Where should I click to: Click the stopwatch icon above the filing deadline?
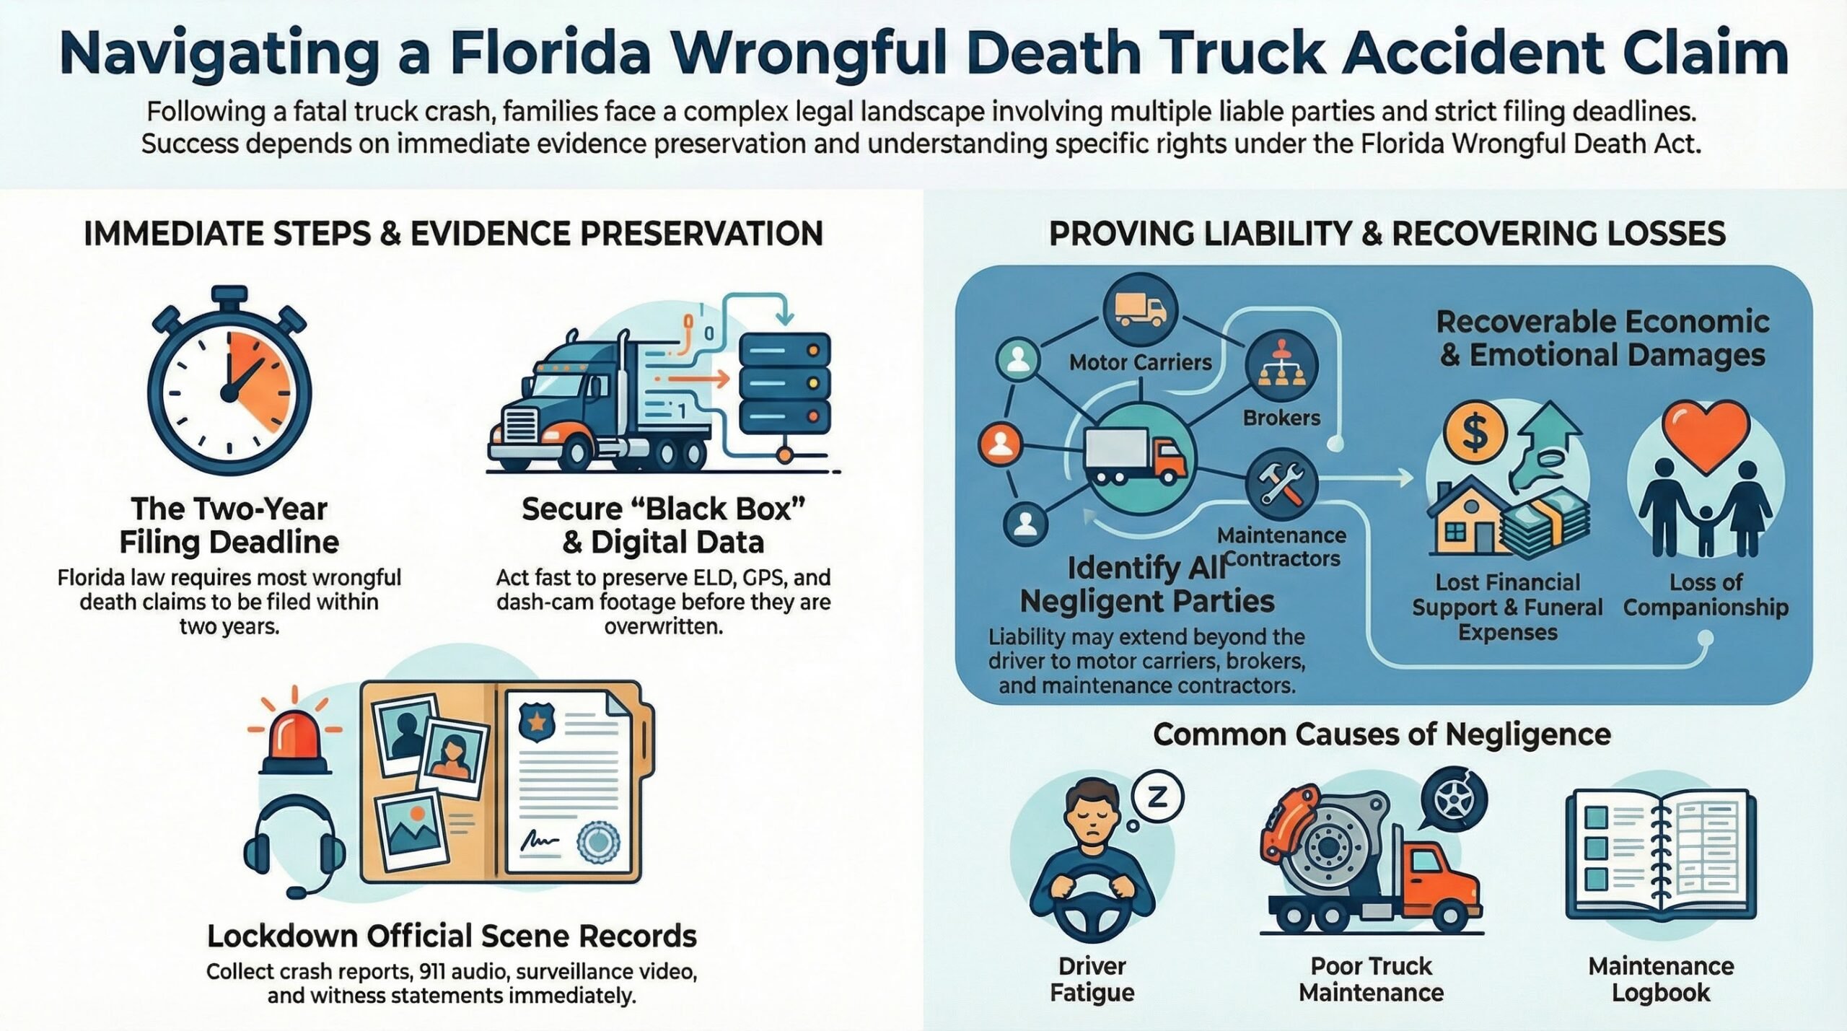[x=229, y=385]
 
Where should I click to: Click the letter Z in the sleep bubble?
[x=1157, y=797]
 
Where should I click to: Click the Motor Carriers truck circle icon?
[x=1140, y=310]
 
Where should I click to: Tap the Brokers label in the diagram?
[x=1281, y=418]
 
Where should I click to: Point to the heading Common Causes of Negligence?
[x=1382, y=734]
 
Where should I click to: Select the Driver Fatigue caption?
[x=1092, y=979]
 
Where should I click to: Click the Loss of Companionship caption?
[x=1706, y=595]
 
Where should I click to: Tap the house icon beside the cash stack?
[x=1465, y=519]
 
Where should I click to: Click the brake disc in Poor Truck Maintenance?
[x=1325, y=841]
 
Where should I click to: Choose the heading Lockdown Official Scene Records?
[x=452, y=936]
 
